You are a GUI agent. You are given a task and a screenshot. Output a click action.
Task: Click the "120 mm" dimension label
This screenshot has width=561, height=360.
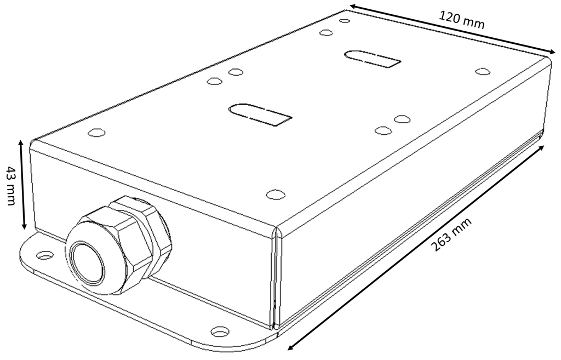tap(461, 20)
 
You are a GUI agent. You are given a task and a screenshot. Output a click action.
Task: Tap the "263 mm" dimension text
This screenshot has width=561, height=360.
tap(450, 235)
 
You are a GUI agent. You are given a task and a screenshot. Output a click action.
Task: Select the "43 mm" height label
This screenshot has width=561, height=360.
tap(11, 186)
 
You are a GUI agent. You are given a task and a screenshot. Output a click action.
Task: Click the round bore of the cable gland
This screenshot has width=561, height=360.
tap(88, 263)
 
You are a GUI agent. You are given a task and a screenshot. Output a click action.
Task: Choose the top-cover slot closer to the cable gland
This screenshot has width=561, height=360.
tap(260, 115)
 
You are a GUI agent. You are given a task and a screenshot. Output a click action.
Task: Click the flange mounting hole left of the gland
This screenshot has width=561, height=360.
tap(45, 255)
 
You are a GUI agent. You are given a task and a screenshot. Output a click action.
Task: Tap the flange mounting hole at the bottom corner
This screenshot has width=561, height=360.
tap(219, 332)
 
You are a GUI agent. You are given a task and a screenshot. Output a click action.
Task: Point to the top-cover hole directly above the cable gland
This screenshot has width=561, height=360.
tap(96, 133)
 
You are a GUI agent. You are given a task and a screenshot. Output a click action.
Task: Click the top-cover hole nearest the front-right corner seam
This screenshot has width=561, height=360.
tap(276, 195)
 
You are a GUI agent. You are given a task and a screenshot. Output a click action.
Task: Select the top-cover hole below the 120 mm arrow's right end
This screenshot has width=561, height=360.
tap(483, 71)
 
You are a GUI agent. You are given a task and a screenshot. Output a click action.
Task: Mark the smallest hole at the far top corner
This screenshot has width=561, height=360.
tap(345, 21)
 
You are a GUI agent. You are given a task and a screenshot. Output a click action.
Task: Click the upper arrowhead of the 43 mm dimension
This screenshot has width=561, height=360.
tap(21, 143)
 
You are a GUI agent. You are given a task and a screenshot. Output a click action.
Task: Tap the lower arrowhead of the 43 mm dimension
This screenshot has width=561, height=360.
tap(24, 225)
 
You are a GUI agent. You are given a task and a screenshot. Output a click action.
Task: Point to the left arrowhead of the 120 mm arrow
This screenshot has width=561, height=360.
tap(353, 7)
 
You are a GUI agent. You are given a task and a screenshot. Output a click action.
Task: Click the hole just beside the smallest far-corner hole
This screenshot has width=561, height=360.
tap(326, 33)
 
